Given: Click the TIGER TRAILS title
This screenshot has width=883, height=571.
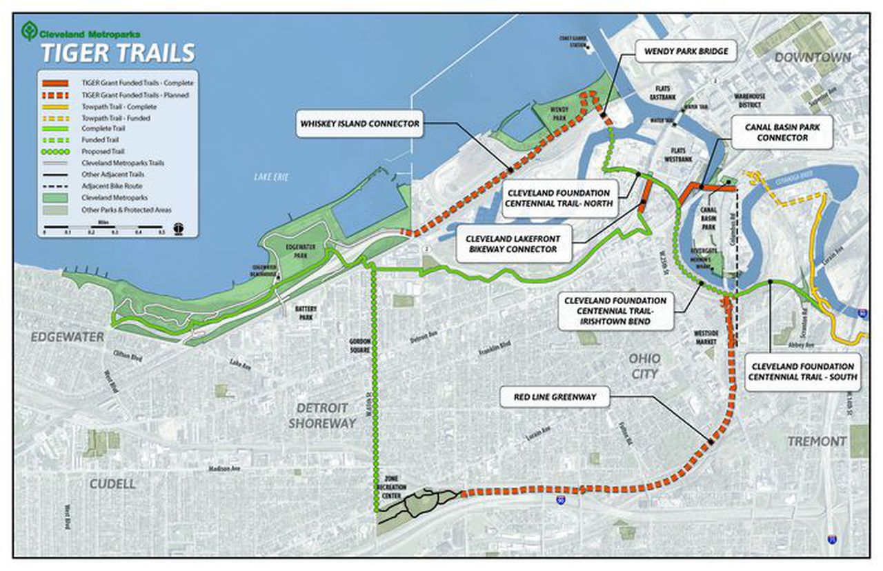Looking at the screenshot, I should (x=117, y=53).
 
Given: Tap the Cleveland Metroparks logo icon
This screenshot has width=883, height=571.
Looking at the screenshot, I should (x=29, y=31).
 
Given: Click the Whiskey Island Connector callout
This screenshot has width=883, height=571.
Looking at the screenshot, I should (x=359, y=124).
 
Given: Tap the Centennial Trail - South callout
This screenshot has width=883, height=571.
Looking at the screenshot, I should (x=802, y=372).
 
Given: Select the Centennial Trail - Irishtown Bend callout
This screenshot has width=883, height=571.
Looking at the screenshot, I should (x=615, y=311).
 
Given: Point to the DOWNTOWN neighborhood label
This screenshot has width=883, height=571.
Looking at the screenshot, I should (x=812, y=58).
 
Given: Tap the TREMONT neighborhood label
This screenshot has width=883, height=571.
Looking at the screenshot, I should (x=817, y=441).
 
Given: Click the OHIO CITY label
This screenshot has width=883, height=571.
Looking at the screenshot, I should (x=644, y=366).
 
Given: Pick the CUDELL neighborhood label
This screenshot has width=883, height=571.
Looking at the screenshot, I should (x=112, y=484).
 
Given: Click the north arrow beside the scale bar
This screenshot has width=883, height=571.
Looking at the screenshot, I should (x=179, y=228).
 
